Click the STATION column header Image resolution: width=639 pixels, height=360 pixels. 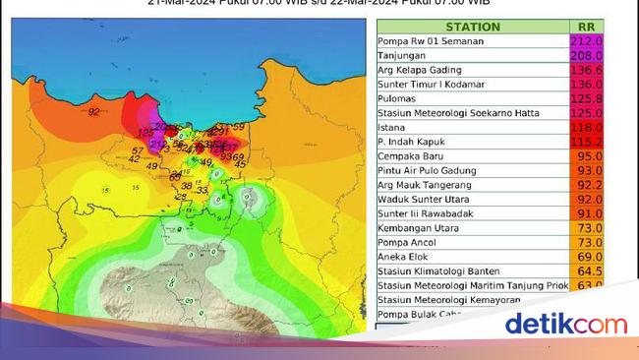point(472,28)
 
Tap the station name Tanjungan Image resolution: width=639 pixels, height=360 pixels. point(402,57)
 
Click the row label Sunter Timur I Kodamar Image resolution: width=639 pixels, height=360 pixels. point(436,86)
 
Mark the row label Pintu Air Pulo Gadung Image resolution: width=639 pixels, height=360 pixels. point(431,170)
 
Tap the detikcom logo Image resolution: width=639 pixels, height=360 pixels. point(565,324)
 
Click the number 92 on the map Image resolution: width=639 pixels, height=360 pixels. point(94,112)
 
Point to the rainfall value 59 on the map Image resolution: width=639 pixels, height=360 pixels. point(239,128)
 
